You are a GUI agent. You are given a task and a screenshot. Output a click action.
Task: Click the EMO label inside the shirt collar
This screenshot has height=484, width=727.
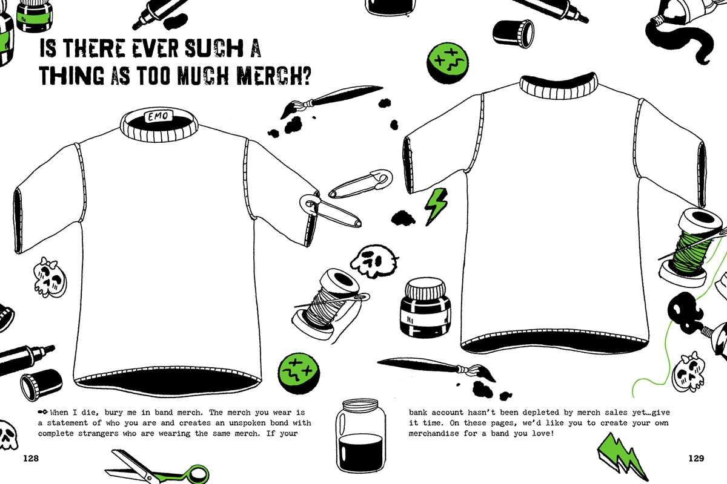point(158,116)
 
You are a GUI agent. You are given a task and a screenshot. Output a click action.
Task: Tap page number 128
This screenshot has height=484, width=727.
point(31,458)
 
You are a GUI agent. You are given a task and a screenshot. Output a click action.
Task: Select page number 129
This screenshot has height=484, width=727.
point(696,458)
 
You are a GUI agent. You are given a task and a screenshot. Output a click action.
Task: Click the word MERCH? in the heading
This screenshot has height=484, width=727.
point(274,75)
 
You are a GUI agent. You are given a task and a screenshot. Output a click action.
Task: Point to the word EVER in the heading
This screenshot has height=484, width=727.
point(155,48)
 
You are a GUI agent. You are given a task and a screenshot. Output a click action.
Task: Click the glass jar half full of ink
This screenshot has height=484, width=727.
point(360,436)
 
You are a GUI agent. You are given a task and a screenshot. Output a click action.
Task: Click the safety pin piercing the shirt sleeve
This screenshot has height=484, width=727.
point(330,210)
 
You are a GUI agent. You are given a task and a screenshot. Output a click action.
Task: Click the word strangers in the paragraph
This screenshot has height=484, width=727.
point(98,433)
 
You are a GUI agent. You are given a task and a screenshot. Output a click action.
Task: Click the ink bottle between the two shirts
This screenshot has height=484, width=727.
point(425,307)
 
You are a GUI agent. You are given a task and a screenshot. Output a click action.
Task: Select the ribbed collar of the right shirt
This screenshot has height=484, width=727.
point(558,85)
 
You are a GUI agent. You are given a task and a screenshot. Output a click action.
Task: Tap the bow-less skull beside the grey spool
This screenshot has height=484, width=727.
point(374,261)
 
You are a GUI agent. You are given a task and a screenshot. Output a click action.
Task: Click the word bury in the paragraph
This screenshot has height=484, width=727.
point(114,413)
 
